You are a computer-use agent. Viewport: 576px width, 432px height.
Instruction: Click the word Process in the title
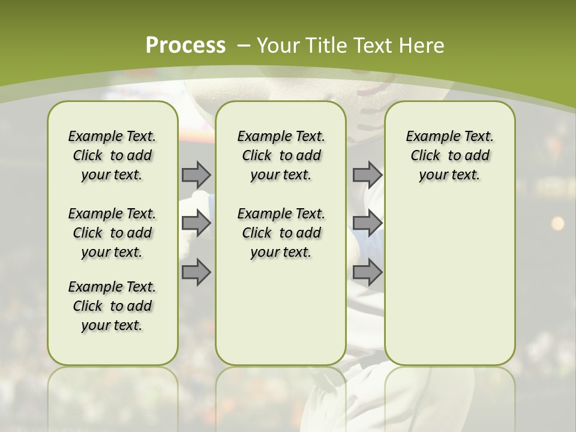(x=185, y=45)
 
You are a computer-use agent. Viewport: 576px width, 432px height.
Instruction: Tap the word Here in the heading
(x=422, y=46)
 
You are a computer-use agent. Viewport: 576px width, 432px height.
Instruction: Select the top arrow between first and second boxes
(x=196, y=175)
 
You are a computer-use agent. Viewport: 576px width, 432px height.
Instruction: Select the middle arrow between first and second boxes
(x=196, y=223)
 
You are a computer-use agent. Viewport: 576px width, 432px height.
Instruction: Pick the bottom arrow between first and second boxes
(x=196, y=272)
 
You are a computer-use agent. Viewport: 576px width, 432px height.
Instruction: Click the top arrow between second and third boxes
(x=367, y=175)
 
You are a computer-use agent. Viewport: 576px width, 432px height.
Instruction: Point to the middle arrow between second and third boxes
(x=367, y=223)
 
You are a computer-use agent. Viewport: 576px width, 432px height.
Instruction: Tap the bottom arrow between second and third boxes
(x=367, y=272)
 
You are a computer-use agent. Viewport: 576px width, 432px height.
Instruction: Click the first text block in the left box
(x=112, y=155)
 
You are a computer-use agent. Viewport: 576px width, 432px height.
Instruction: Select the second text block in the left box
(x=112, y=233)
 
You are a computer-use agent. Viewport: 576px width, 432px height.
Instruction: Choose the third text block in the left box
(x=112, y=306)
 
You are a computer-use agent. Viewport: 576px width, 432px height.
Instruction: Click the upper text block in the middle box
(x=281, y=155)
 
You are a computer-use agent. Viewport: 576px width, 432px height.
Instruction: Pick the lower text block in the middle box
(x=281, y=233)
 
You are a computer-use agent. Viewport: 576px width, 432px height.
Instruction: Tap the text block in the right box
(x=449, y=155)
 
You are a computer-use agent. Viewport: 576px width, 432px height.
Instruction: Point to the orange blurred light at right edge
(x=557, y=223)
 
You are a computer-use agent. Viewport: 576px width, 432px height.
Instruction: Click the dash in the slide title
(x=244, y=46)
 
